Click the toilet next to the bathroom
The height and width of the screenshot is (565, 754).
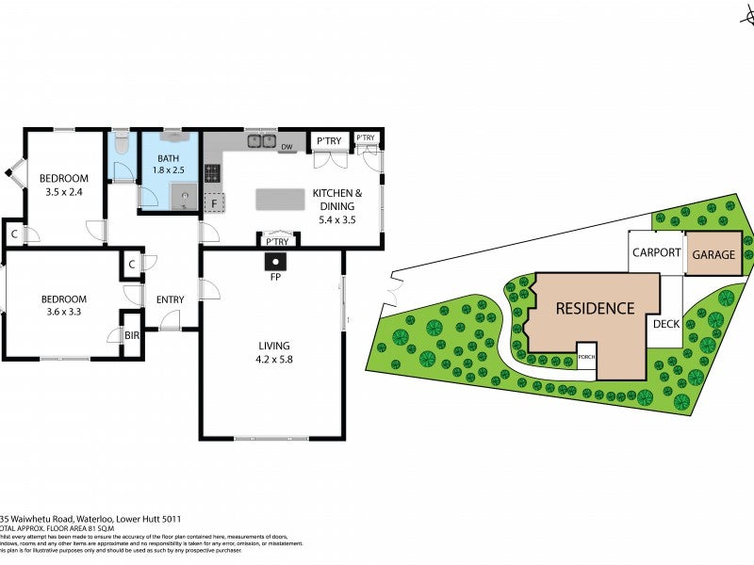click(x=121, y=145)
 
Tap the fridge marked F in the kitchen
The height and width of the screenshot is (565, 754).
click(x=214, y=202)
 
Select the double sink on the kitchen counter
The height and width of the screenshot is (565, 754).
click(x=261, y=142)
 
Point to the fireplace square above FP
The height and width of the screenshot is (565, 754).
click(x=274, y=262)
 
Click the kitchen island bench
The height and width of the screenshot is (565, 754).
click(x=280, y=199)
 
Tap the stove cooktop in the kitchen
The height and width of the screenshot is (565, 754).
click(x=212, y=173)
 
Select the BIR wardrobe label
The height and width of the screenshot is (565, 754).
click(x=131, y=334)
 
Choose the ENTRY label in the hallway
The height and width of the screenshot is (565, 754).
click(x=170, y=299)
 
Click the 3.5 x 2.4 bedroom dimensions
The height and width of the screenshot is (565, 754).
click(x=64, y=193)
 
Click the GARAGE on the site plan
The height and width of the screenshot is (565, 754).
click(x=713, y=254)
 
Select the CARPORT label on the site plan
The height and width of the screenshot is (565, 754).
click(x=656, y=252)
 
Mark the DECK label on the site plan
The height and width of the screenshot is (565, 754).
click(x=665, y=323)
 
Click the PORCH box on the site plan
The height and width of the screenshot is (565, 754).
click(x=586, y=357)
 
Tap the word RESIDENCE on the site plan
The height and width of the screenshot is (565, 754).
click(x=595, y=308)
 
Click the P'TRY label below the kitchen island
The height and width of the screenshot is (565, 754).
click(x=276, y=242)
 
